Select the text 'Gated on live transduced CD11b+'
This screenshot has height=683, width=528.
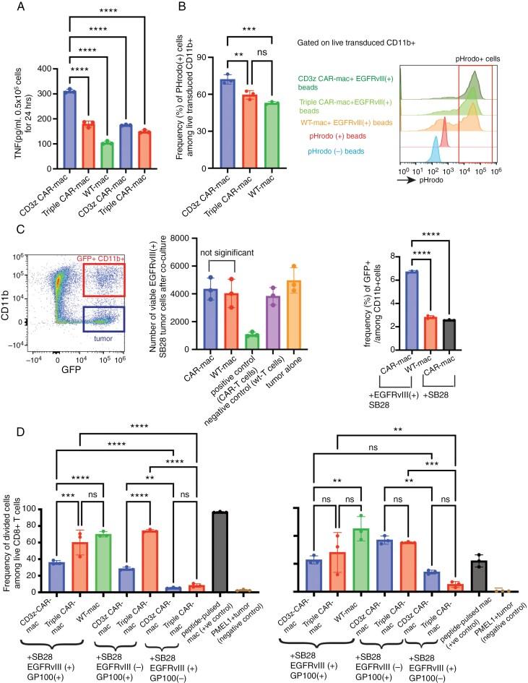tap(355, 43)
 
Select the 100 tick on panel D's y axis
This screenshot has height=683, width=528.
tap(31, 509)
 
